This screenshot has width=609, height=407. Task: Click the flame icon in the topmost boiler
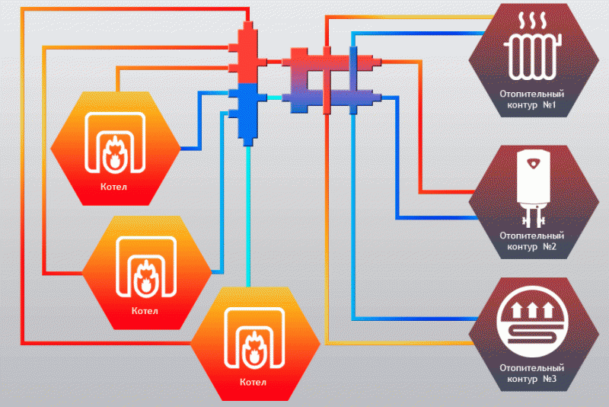(115, 149)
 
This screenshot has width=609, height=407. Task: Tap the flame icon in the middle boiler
(145, 274)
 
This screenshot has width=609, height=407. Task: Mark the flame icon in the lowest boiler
(253, 346)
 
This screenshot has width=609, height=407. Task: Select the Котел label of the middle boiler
(145, 310)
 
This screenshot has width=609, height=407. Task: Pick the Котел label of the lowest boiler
(253, 382)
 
